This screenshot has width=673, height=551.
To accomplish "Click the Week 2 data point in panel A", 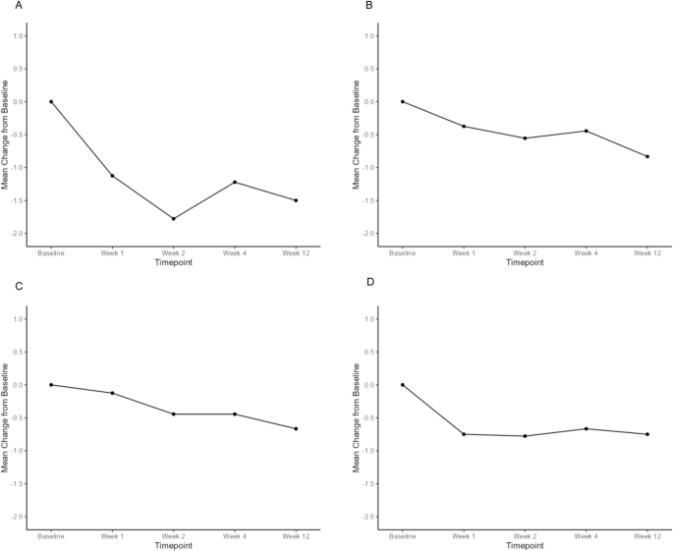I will click(174, 218).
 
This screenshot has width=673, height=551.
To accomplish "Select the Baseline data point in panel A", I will click(51, 101).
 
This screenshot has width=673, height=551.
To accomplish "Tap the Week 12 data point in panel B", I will click(647, 156).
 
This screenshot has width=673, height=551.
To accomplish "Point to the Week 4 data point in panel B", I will click(587, 131).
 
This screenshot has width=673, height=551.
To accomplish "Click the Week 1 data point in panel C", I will click(112, 393).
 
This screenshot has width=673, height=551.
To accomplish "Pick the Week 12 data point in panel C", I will click(296, 428).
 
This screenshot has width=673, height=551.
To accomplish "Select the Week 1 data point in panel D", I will click(464, 434).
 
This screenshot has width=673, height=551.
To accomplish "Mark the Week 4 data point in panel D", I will click(587, 428).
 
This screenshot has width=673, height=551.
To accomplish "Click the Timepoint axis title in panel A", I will click(173, 264).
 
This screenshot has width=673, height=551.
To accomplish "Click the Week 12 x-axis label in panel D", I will click(647, 535).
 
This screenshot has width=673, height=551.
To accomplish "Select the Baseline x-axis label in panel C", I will click(51, 535).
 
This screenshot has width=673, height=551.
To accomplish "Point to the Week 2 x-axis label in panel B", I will click(525, 252).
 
